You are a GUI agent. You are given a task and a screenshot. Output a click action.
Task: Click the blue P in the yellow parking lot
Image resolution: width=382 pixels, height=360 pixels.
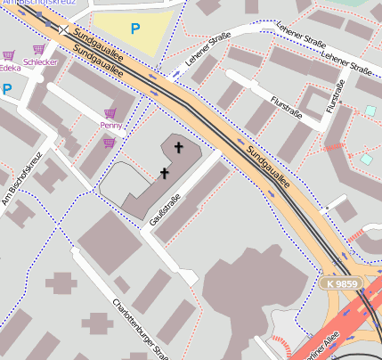(x=135, y=29)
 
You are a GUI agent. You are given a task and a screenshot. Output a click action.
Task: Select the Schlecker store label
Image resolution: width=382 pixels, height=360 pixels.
(x=41, y=62)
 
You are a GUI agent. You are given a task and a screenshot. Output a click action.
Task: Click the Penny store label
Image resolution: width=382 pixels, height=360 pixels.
(x=111, y=126)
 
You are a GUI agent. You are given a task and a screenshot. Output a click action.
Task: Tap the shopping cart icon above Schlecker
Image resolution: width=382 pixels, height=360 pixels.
(x=38, y=50)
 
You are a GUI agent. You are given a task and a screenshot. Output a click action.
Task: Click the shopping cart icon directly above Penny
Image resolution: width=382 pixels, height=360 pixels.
(x=110, y=113)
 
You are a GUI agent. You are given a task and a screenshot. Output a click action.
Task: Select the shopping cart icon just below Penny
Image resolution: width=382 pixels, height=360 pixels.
(x=109, y=142)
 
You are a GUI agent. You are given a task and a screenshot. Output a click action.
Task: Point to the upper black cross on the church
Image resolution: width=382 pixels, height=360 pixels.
(x=178, y=147)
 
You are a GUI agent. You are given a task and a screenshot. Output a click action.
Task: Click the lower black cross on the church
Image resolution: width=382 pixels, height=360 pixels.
(x=164, y=172)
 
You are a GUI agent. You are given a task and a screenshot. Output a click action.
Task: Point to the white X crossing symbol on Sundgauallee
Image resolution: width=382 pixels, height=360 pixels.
(x=64, y=29)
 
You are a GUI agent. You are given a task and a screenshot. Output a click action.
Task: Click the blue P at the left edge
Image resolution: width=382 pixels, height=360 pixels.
(x=6, y=89)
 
